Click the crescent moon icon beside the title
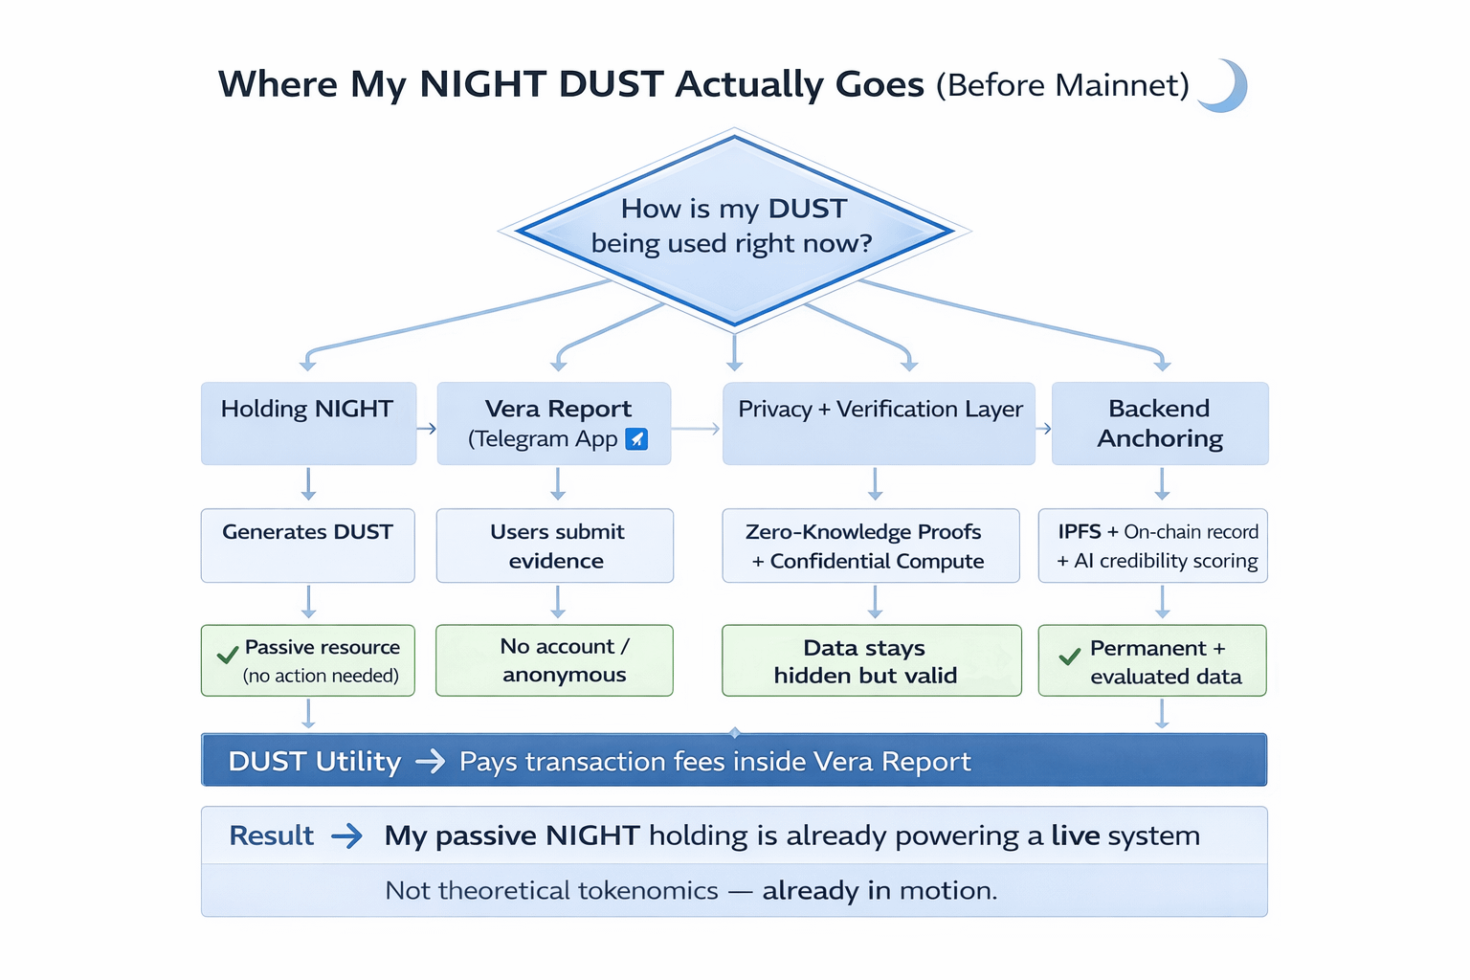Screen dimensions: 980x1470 (1225, 86)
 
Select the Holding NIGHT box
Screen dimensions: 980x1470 (308, 423)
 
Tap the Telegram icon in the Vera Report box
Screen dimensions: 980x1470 (636, 438)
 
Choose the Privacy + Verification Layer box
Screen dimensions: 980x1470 (879, 423)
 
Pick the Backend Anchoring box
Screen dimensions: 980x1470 (1160, 423)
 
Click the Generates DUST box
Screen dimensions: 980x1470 (308, 545)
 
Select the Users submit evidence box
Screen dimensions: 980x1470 (555, 545)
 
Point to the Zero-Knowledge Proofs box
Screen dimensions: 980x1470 (870, 545)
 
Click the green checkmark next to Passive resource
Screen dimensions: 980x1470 (227, 656)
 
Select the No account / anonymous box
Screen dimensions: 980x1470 (555, 660)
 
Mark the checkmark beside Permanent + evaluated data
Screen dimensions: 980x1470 (1069, 657)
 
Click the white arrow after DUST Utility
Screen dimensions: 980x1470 (431, 762)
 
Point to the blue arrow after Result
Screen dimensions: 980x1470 (346, 836)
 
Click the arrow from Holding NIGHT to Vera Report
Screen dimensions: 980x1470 (427, 429)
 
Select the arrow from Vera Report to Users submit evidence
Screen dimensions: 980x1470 (558, 484)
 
